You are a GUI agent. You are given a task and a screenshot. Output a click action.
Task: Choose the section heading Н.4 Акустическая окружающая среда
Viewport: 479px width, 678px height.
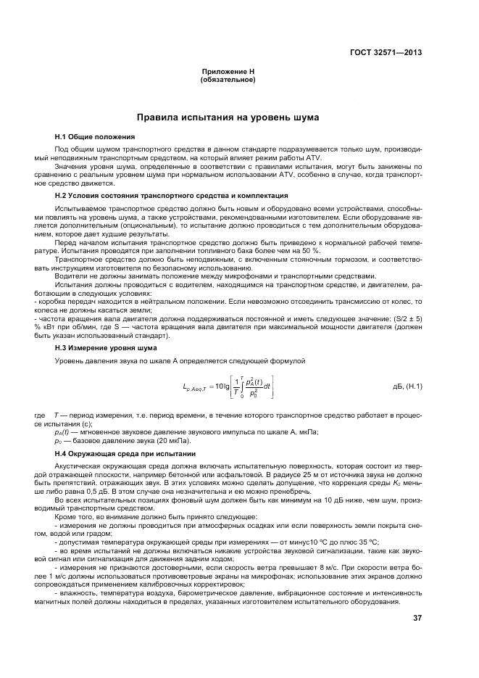136,453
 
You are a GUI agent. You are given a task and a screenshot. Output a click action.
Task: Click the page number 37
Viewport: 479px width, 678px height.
417,618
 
